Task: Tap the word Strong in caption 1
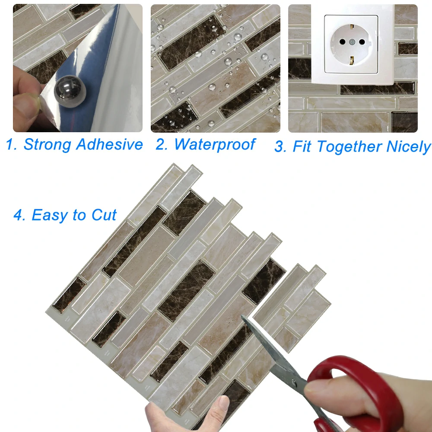(x=47, y=144)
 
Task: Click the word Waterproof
(x=215, y=144)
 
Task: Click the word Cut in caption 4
(x=104, y=215)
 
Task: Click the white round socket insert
(x=350, y=47)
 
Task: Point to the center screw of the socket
(x=351, y=43)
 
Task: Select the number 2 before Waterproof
(x=161, y=145)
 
